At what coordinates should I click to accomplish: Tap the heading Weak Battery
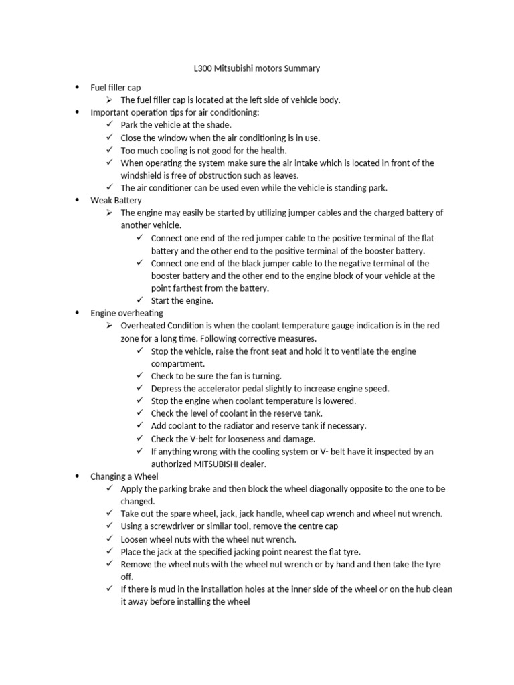(x=116, y=200)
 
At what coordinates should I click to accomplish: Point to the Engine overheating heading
(x=126, y=312)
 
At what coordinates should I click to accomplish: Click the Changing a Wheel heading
(x=124, y=476)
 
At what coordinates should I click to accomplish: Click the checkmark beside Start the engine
(x=140, y=300)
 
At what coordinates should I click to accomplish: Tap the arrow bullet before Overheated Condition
(x=110, y=325)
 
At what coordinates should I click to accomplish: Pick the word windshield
(x=142, y=175)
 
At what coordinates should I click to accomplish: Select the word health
(x=271, y=150)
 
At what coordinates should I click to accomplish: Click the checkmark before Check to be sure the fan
(x=140, y=376)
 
